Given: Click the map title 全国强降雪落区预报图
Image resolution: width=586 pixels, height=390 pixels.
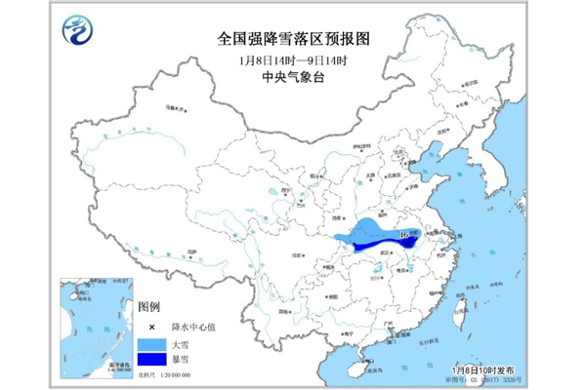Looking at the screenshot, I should [293, 39].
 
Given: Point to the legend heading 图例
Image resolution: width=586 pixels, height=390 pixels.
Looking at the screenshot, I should [148, 308].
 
